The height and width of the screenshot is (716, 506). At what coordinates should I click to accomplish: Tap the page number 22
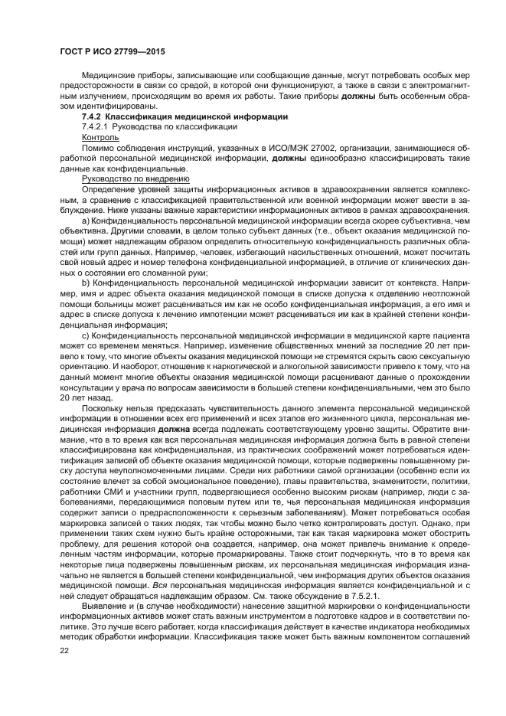[x=65, y=650]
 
